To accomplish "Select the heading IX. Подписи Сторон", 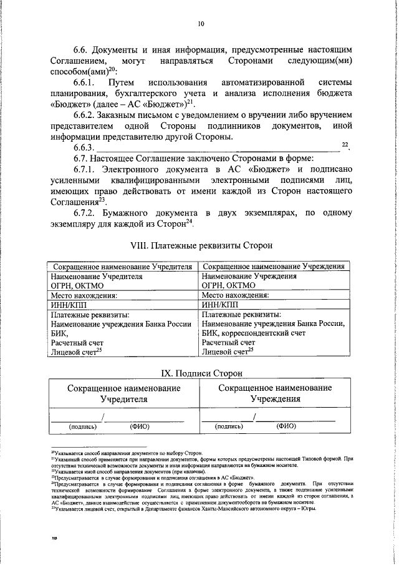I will click(200, 373).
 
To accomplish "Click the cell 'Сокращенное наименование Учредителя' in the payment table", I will click(122, 266).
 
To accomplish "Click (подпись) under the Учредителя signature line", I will click(82, 427).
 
